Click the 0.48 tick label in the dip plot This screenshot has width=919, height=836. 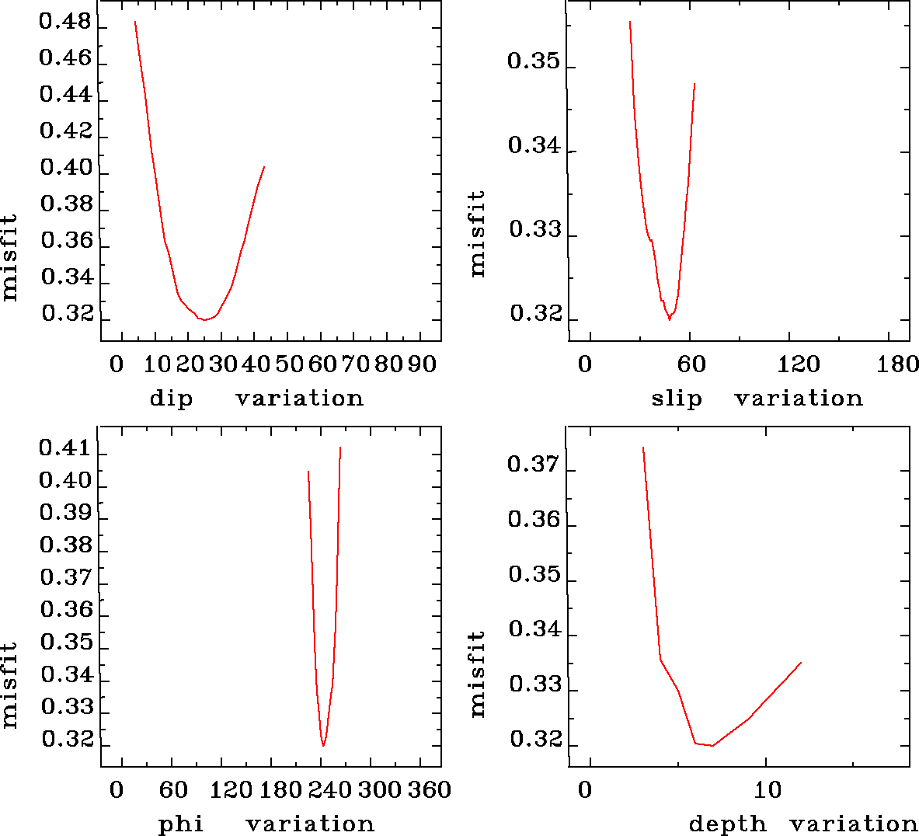65,22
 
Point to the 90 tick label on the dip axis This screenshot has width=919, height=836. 421,364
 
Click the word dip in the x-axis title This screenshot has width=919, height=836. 170,399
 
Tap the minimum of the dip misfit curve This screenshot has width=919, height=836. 204,319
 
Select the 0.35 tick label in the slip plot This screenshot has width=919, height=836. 533,61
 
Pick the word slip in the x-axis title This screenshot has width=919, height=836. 676,399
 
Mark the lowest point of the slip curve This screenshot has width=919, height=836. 669,319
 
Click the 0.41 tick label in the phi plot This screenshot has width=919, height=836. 65,448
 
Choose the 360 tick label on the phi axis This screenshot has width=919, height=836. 430,789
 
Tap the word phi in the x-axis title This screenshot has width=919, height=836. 181,824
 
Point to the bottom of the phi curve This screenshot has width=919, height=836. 323,745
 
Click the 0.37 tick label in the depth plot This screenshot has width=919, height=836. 533,465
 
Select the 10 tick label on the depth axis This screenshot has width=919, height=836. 768,789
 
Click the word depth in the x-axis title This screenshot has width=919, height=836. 727,824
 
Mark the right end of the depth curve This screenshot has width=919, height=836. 801,662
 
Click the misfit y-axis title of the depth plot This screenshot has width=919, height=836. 477,673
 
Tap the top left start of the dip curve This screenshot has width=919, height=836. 135,22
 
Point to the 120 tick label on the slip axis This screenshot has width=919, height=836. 799,364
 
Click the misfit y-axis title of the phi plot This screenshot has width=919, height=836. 9,684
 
